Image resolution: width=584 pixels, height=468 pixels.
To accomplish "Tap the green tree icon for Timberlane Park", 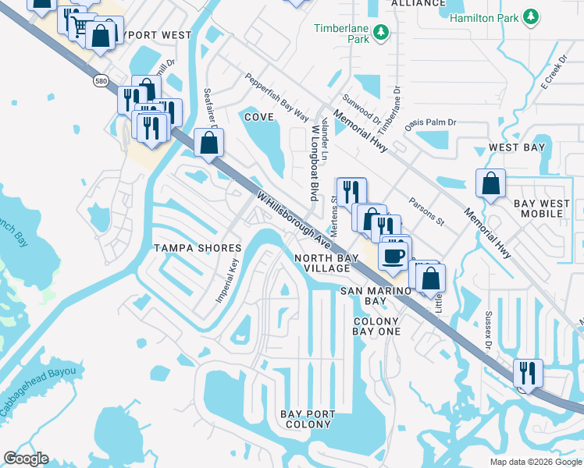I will tap(381, 33).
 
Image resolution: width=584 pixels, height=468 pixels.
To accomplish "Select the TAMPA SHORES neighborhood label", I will tap(197, 247).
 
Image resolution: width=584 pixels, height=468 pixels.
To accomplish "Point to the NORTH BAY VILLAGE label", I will tap(322, 263).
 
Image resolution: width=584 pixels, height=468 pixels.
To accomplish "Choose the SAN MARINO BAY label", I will tap(365, 296).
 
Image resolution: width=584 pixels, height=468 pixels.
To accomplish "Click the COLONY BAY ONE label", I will tap(376, 326).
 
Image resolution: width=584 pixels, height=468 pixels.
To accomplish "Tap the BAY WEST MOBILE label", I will tap(543, 208).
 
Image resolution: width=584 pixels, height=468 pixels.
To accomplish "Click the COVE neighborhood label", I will tap(258, 116).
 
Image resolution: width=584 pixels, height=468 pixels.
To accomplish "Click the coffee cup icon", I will tap(393, 255).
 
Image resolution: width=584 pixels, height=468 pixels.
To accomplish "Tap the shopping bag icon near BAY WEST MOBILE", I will tap(490, 184).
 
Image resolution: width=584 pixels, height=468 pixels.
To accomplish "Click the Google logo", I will tap(26, 459).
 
